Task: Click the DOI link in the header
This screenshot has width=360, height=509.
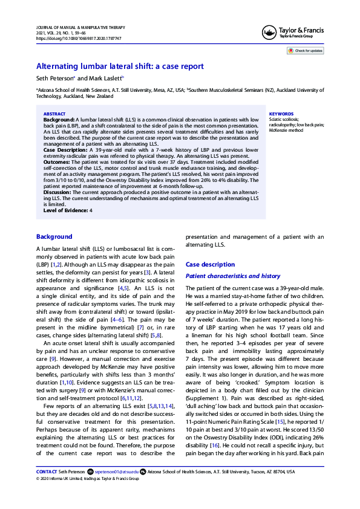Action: [79, 38]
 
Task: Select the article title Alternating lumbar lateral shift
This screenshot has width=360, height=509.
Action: [120, 66]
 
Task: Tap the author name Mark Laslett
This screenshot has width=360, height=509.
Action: [106, 79]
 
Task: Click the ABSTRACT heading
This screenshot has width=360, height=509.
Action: [54, 114]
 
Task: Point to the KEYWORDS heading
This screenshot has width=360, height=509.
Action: [281, 114]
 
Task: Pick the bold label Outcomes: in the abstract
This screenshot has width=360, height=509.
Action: [57, 161]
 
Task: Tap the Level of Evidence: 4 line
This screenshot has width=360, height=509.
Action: [59, 210]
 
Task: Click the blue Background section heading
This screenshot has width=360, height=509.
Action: [54, 236]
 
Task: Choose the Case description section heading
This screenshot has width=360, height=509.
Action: [210, 265]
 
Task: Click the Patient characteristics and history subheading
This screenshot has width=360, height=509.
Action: [232, 276]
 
